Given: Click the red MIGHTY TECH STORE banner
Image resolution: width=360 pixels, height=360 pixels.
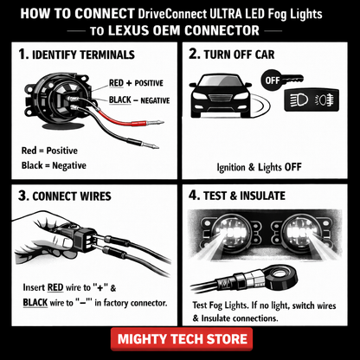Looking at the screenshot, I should click(x=179, y=337).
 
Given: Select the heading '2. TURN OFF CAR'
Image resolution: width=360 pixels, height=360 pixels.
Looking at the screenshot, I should click(x=252, y=55).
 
